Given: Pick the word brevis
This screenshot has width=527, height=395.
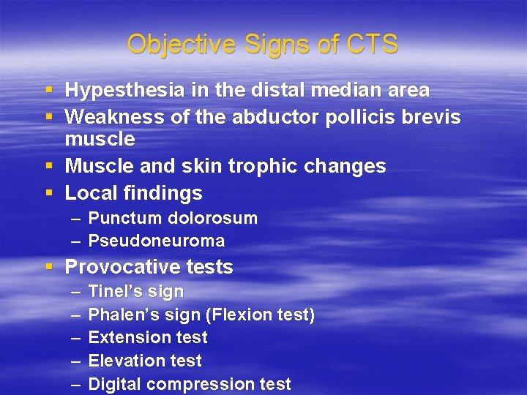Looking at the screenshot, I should coord(433,117).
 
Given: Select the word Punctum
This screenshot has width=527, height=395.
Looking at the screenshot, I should coord(126,219).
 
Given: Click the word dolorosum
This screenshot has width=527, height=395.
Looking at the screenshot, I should coord(213,219).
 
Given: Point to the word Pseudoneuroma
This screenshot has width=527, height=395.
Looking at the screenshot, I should coord(156,241).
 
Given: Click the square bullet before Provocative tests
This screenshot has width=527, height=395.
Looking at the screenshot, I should coord(49,267).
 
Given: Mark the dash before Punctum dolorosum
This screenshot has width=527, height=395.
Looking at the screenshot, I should coord(76,219).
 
